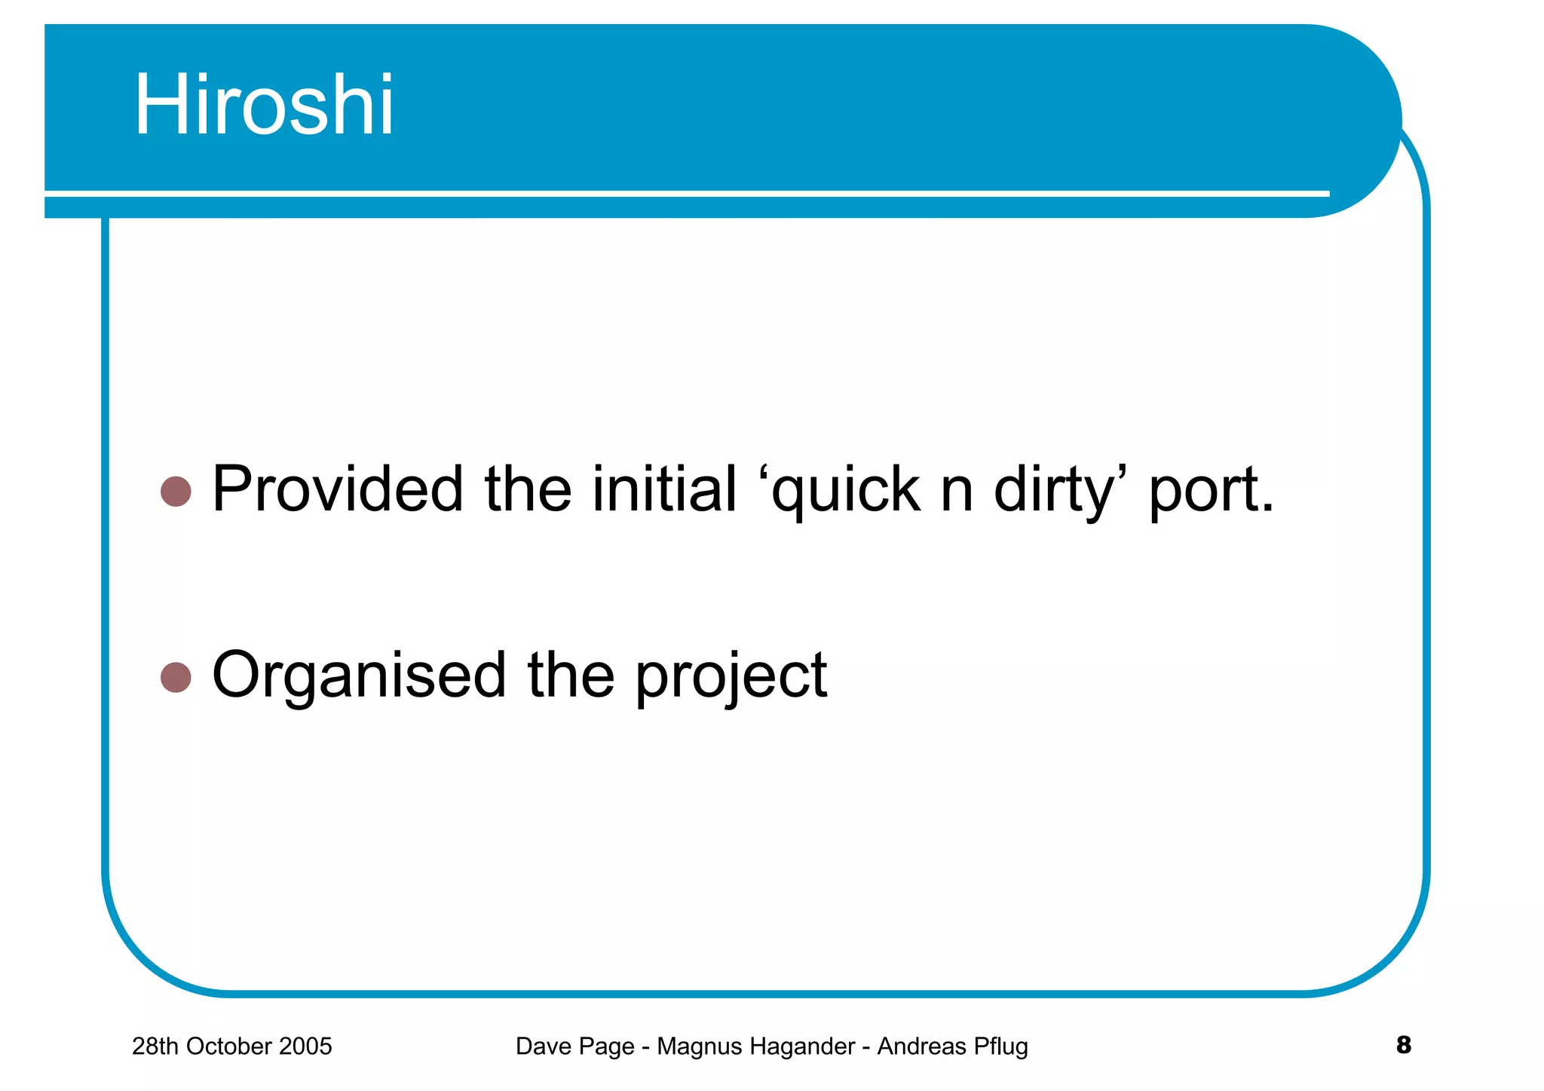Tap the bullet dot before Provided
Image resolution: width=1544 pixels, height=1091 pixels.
[x=176, y=492]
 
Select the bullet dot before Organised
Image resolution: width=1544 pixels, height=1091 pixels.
[x=176, y=677]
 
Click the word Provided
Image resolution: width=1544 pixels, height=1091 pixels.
[x=338, y=489]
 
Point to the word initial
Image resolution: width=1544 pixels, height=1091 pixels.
[x=663, y=489]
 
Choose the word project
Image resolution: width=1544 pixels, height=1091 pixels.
[x=731, y=676]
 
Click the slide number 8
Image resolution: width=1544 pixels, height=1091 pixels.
[x=1403, y=1045]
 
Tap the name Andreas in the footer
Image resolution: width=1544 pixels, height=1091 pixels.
[x=921, y=1047]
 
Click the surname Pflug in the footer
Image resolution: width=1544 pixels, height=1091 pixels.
[x=1000, y=1047]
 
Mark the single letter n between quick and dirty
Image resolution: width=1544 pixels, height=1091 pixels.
[x=957, y=492]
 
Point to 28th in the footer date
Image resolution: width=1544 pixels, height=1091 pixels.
[x=156, y=1047]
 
